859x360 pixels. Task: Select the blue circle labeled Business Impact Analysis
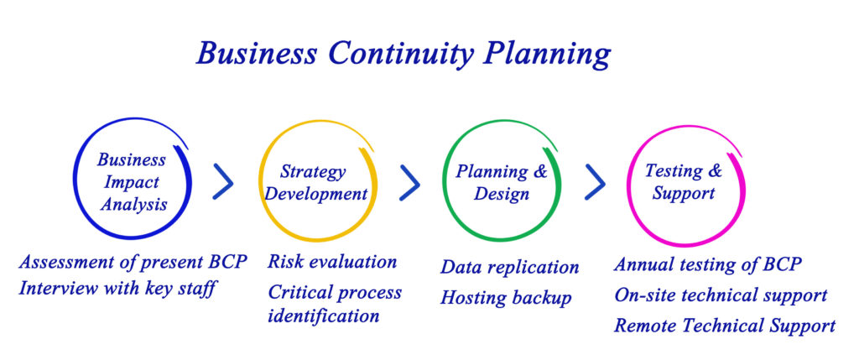(74, 178)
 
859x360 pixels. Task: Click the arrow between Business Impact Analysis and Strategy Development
(225, 180)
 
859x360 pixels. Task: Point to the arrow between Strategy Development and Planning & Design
(411, 182)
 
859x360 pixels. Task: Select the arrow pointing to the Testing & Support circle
(596, 181)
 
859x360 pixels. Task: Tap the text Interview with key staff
(116, 288)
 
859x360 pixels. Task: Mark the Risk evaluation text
(332, 261)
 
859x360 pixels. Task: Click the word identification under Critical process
(323, 316)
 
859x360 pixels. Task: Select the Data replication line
(509, 268)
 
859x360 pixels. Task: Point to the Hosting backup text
(506, 298)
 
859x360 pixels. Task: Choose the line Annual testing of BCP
(708, 264)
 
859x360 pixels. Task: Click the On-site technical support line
(721, 295)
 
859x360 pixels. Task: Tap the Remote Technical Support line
(725, 326)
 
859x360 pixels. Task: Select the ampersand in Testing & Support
(715, 171)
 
